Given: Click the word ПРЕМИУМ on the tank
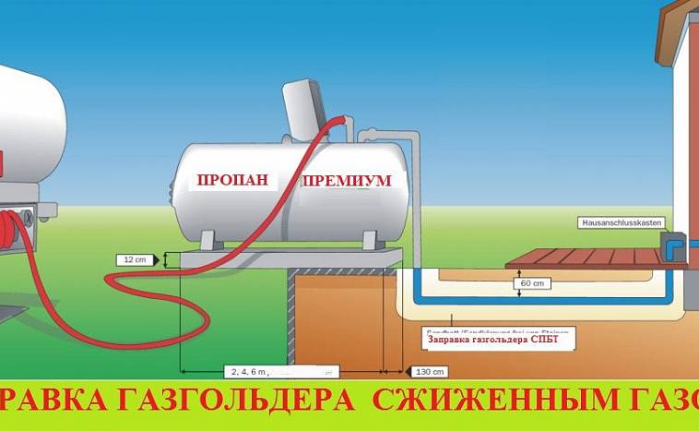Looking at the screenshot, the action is click(x=346, y=182).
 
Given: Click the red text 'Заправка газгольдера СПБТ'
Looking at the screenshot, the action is click(x=499, y=339).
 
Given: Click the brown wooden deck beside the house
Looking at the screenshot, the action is click(x=590, y=257).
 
